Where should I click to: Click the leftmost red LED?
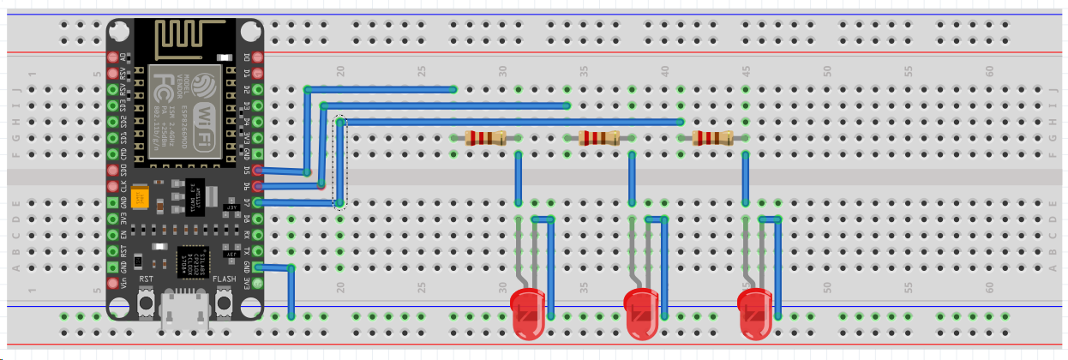pyautogui.click(x=527, y=311)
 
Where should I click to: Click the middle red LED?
pyautogui.click(x=641, y=311)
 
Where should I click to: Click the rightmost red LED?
pyautogui.click(x=755, y=311)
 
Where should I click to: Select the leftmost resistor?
pyautogui.click(x=486, y=138)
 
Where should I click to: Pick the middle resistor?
pyautogui.click(x=600, y=138)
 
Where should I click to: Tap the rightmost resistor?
pyautogui.click(x=713, y=138)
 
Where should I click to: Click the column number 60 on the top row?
pyautogui.click(x=989, y=70)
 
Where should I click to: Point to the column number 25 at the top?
pyautogui.click(x=422, y=70)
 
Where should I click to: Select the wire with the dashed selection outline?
pyautogui.click(x=340, y=163)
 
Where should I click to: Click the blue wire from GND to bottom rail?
pyautogui.click(x=291, y=291)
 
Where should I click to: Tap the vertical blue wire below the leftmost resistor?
pyautogui.click(x=519, y=177)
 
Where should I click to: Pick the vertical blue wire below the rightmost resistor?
pyautogui.click(x=746, y=177)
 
